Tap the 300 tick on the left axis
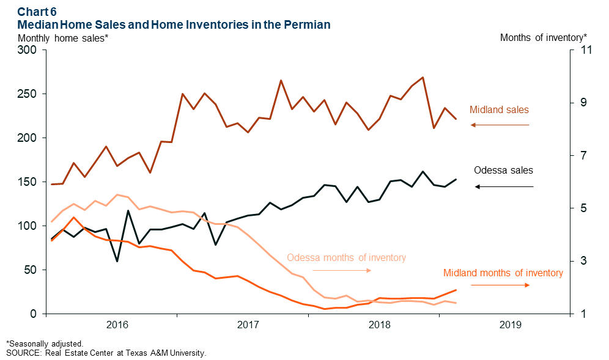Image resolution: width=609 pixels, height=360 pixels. (x=28, y=50)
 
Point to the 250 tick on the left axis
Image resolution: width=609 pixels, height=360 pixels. (x=28, y=94)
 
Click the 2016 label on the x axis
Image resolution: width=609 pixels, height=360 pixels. (x=117, y=325)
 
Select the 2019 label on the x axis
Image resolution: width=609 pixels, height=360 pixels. (x=511, y=325)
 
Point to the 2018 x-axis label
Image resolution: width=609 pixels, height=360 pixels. (x=379, y=325)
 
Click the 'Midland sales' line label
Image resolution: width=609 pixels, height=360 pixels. (x=499, y=110)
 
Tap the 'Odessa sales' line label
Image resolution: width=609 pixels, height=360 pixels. (x=503, y=171)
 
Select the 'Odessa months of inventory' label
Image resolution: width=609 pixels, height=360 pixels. (x=346, y=257)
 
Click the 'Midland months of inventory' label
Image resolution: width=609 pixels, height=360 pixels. (x=503, y=273)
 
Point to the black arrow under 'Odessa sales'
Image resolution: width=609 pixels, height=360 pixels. (x=504, y=186)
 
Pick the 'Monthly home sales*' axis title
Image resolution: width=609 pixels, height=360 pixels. (x=64, y=38)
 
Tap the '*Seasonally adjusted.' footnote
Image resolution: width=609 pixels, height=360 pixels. (x=45, y=344)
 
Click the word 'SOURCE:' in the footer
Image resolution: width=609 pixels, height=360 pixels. (x=22, y=353)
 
